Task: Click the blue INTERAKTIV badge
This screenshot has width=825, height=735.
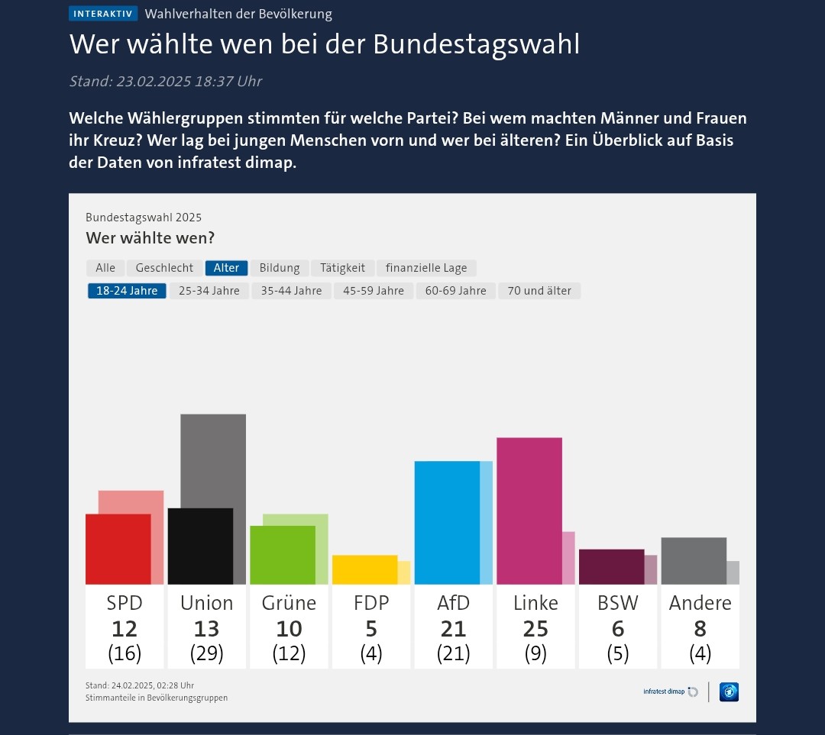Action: click(x=103, y=14)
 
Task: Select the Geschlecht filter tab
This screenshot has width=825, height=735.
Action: click(x=164, y=268)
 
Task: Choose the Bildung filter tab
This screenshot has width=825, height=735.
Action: click(x=280, y=268)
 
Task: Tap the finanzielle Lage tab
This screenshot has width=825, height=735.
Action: click(x=426, y=268)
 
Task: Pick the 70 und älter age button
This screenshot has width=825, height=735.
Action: click(x=539, y=291)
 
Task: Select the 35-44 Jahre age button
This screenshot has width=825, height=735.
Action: click(x=291, y=291)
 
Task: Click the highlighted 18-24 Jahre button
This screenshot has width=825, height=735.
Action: click(x=127, y=291)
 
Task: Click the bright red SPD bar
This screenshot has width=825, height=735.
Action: click(x=118, y=549)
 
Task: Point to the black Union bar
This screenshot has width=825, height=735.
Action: click(x=200, y=546)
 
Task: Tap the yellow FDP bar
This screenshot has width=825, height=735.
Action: click(x=364, y=569)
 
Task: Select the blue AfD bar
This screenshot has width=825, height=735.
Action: click(x=447, y=523)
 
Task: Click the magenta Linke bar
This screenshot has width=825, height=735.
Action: click(x=529, y=511)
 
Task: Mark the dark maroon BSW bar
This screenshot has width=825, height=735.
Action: click(x=611, y=566)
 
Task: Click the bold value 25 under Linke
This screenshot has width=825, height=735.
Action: click(x=535, y=629)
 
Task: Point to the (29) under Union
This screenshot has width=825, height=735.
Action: click(x=206, y=654)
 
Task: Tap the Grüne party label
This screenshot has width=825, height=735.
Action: click(x=289, y=603)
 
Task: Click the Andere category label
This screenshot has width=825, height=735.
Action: click(x=700, y=603)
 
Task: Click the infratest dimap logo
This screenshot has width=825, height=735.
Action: click(x=670, y=692)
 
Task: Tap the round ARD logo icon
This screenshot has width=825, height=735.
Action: click(x=729, y=692)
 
